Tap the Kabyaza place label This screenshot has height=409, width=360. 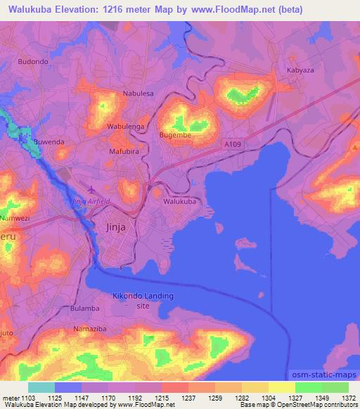(301, 71)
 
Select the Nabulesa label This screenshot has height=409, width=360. (138, 93)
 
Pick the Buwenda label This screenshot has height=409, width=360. (49, 142)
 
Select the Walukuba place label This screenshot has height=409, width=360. (179, 202)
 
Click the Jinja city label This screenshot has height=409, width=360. (119, 227)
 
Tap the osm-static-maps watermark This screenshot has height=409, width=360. (323, 375)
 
